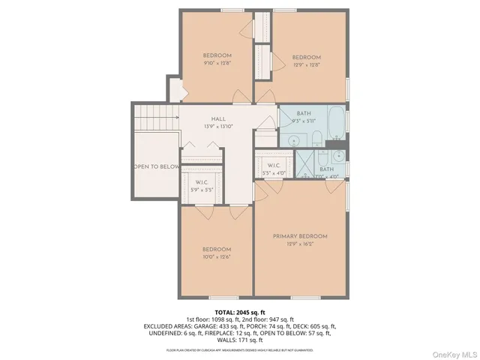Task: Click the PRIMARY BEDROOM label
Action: point(300,236)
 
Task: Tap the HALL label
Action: point(218,119)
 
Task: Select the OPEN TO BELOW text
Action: point(156,166)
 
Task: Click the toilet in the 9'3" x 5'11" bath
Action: point(317,137)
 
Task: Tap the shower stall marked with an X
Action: point(306,161)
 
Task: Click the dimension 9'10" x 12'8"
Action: point(217,64)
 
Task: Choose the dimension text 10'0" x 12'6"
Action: point(217,257)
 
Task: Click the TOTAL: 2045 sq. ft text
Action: point(240,312)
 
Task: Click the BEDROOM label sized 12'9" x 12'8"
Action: point(306,58)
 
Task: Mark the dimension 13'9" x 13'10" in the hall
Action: point(218,127)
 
